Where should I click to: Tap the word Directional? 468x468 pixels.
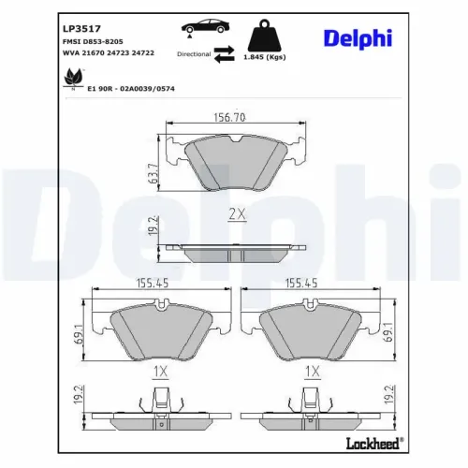193,55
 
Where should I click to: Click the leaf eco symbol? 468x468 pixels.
72,80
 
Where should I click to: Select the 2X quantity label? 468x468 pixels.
237,214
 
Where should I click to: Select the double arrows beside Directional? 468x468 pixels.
223,54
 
